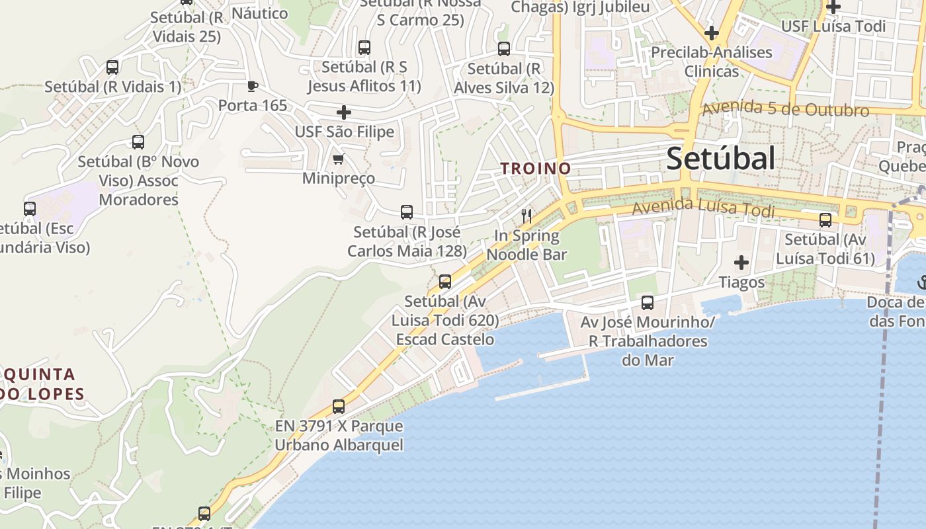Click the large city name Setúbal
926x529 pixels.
click(720, 159)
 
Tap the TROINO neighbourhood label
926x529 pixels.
click(536, 169)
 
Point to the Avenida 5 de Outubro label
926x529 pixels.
click(785, 109)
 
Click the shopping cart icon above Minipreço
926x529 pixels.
click(339, 159)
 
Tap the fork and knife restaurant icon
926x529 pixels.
click(526, 216)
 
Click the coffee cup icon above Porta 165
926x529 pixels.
click(252, 86)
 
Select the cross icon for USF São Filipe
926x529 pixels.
click(344, 112)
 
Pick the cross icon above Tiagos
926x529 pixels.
click(741, 263)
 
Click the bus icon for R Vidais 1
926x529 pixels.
click(112, 67)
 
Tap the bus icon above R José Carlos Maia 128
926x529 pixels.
click(407, 212)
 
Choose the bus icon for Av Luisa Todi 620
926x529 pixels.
click(445, 282)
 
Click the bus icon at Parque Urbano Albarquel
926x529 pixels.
click(339, 407)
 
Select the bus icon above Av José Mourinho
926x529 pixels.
click(648, 303)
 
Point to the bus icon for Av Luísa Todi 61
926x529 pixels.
click(825, 220)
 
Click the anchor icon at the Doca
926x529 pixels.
click(921, 282)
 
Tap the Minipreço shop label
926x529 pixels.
click(339, 179)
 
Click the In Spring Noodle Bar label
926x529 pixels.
click(526, 245)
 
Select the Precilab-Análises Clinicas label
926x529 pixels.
click(712, 61)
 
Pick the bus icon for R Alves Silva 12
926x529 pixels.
click(504, 49)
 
